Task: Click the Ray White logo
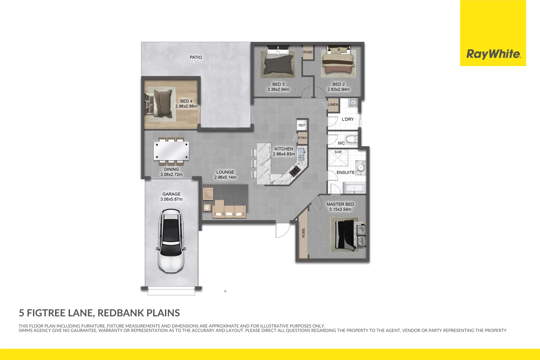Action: pyautogui.click(x=493, y=54)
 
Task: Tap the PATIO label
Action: pyautogui.click(x=196, y=57)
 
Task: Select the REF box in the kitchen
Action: pyautogui.click(x=302, y=125)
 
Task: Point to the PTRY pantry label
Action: pyautogui.click(x=302, y=138)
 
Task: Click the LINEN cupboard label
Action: pyautogui.click(x=333, y=105)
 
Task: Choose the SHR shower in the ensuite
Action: pyautogui.click(x=338, y=158)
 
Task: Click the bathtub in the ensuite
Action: pyautogui.click(x=354, y=188)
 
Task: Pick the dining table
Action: pyautogui.click(x=171, y=151)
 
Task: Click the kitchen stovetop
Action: pyautogui.click(x=295, y=171)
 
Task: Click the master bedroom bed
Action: pyautogui.click(x=347, y=234)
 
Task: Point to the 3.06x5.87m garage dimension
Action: pyautogui.click(x=171, y=199)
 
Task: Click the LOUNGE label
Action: pyautogui.click(x=225, y=172)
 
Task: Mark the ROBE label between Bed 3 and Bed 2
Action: pyautogui.click(x=308, y=52)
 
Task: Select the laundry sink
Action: pyautogui.click(x=353, y=102)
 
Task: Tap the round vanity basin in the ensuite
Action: pyautogui.click(x=361, y=168)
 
